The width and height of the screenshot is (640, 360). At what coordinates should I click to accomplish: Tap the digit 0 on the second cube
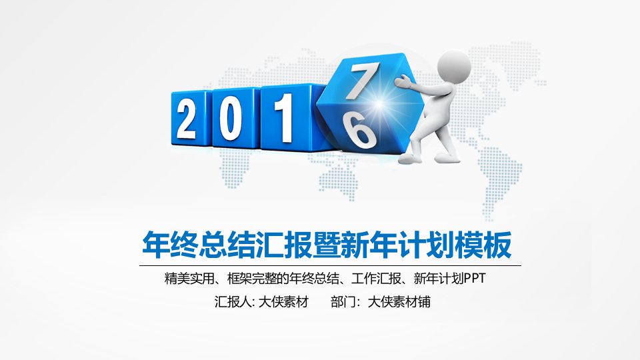coord(230,119)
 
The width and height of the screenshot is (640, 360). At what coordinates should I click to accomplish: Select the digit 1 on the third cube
coord(284,118)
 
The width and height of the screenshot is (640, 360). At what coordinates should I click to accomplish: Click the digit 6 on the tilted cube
coord(359,130)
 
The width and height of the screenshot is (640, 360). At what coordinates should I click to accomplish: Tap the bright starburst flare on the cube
coord(379,105)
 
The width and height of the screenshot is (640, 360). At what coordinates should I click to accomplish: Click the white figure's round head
coord(454,67)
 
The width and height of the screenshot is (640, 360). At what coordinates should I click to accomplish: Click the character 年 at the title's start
coord(156,245)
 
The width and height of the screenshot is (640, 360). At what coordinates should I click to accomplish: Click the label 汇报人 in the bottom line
coord(233,302)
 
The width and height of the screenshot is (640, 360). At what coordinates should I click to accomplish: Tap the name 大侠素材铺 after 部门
coord(399,302)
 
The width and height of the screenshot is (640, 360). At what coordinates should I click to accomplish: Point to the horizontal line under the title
coord(330,265)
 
